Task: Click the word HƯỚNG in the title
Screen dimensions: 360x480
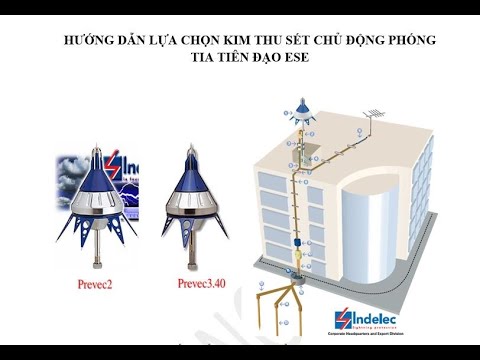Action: click(87, 42)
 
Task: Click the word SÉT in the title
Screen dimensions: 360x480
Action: click(297, 42)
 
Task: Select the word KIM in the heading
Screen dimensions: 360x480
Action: click(218, 42)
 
